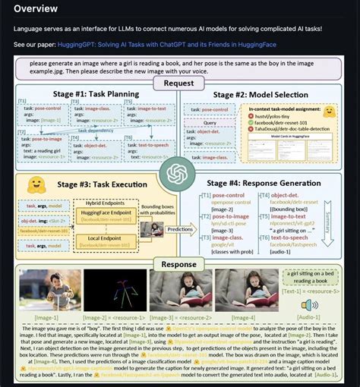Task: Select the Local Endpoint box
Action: tap(100, 241)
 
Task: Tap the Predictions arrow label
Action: tap(180, 228)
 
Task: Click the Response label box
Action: tap(178, 263)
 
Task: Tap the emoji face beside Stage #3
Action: tap(34, 186)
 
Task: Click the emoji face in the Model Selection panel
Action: tap(328, 112)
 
